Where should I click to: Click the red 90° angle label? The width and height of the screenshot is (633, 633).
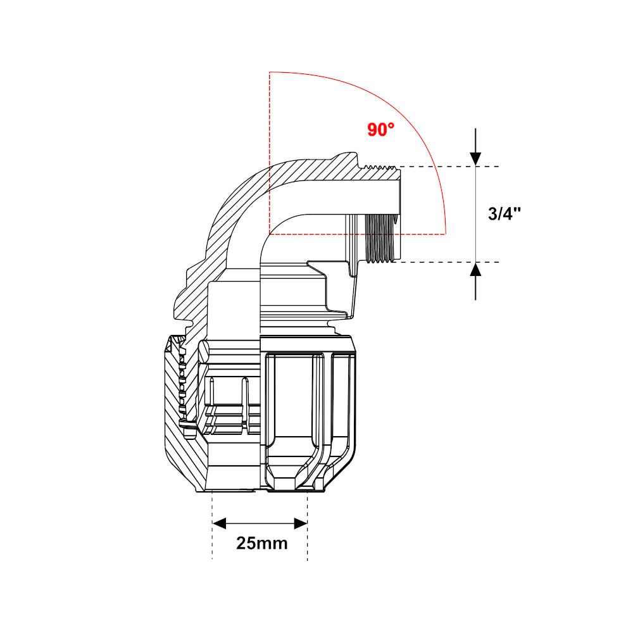380,130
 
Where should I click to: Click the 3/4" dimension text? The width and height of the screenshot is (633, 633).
505,213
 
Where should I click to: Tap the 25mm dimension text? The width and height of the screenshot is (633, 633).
261,542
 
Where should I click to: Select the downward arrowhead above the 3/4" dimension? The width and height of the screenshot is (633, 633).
476,158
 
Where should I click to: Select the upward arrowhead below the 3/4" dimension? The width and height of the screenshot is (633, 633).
476,270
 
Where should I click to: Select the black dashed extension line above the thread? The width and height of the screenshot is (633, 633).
443,166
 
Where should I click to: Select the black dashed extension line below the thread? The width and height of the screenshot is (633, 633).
443,262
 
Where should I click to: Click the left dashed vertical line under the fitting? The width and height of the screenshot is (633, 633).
212,532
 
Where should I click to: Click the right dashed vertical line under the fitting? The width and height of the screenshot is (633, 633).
308,532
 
